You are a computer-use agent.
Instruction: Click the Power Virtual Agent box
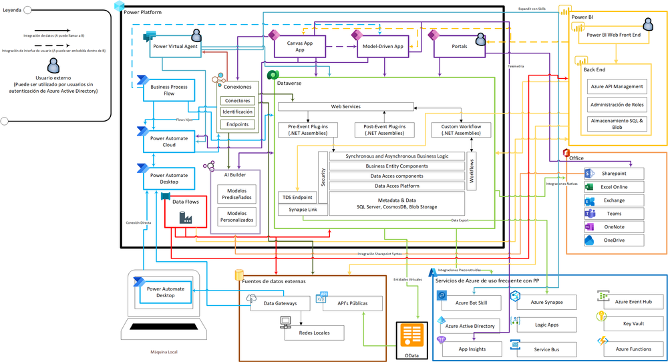pos(175,46)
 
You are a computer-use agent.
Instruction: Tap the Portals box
pos(460,46)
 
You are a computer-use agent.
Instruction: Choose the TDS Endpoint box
pos(297,197)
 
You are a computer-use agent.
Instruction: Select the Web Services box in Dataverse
pos(345,107)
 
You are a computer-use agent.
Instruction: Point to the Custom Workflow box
pos(461,130)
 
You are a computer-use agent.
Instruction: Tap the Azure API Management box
pos(617,86)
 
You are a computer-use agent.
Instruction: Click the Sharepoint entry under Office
pos(613,173)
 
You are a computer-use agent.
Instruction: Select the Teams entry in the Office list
pos(613,214)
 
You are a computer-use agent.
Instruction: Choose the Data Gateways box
pos(279,303)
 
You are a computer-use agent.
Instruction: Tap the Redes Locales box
pos(313,332)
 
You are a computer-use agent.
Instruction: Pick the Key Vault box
pos(633,323)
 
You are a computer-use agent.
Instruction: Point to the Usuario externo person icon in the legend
pos(51,65)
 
